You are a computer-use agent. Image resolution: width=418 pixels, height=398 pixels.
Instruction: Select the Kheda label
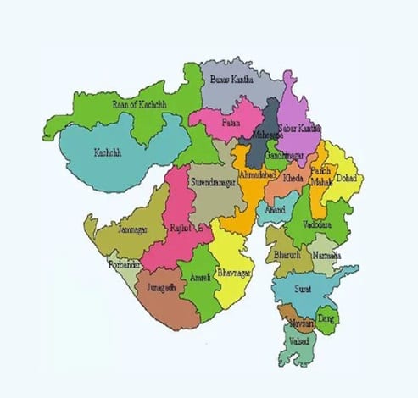pos(293,180)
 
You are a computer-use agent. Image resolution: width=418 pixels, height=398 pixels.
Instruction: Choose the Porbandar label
pos(123,265)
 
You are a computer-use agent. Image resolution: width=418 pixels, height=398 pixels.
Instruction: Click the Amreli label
pos(200,278)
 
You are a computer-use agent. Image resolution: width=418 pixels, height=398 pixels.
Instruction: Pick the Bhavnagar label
pos(235,274)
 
